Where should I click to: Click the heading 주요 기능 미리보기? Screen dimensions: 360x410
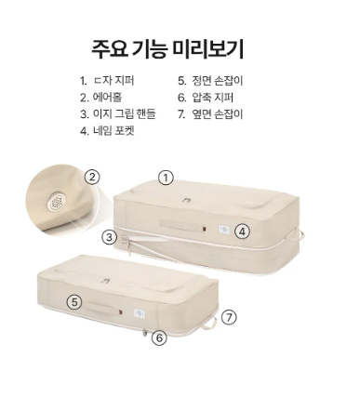tap(167, 49)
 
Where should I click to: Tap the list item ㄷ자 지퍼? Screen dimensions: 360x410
tap(113, 81)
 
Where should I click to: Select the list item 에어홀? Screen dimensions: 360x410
tap(108, 98)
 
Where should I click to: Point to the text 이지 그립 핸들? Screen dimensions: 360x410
tap(125, 113)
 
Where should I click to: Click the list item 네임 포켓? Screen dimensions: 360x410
tap(113, 130)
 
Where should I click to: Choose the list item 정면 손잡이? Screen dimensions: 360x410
tap(218, 81)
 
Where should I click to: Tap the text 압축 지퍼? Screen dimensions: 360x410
tap(213, 98)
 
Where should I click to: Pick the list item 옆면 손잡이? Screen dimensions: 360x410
tap(218, 113)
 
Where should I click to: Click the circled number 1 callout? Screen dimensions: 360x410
tap(166, 178)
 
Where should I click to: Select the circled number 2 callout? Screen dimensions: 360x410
tap(92, 178)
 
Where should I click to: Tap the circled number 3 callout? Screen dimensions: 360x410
tap(110, 238)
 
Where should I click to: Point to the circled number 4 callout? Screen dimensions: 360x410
tap(242, 231)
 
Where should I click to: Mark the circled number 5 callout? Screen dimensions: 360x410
tap(74, 302)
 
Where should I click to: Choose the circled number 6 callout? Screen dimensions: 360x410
tap(159, 337)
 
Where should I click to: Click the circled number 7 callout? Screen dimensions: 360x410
tap(229, 318)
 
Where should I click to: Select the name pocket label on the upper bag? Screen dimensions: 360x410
tap(224, 229)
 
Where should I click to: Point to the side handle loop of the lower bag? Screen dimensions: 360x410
tap(210, 324)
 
